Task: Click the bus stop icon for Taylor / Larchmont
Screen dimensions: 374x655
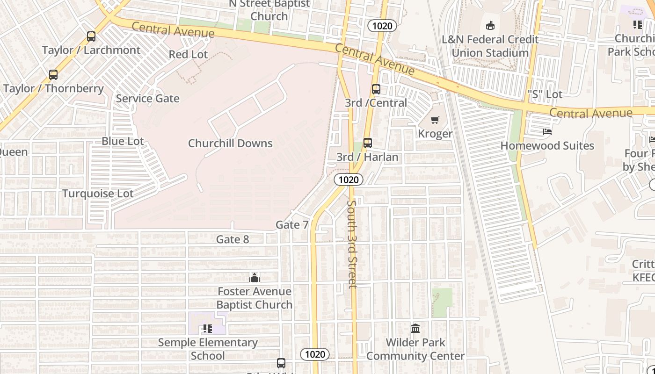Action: (x=91, y=36)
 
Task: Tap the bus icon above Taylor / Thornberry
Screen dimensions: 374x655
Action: (x=53, y=75)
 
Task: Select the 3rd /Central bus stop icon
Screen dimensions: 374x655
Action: (x=376, y=89)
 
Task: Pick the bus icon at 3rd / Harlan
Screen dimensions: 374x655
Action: (x=368, y=143)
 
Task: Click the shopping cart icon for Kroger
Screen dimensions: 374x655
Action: (x=435, y=120)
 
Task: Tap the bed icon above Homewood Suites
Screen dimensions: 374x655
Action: (x=547, y=132)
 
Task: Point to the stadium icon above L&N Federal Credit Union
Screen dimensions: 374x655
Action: (x=490, y=25)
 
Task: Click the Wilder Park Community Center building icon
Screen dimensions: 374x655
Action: (x=415, y=329)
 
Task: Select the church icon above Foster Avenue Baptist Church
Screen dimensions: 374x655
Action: (x=255, y=278)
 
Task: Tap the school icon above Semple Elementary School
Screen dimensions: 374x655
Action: (x=208, y=329)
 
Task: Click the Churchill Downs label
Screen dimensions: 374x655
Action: (x=230, y=144)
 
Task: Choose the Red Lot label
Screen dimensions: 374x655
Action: (x=188, y=54)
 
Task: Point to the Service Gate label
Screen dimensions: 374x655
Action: (x=148, y=99)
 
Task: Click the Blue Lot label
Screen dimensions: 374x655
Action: (x=123, y=141)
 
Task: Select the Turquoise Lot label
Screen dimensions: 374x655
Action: (x=98, y=194)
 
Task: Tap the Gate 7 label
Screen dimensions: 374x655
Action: (x=292, y=225)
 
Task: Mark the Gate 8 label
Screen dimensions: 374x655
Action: (x=233, y=239)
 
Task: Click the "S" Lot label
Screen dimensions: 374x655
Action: (x=545, y=94)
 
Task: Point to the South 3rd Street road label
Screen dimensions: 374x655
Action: (x=352, y=244)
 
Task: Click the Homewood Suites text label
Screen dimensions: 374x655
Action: (x=547, y=146)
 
